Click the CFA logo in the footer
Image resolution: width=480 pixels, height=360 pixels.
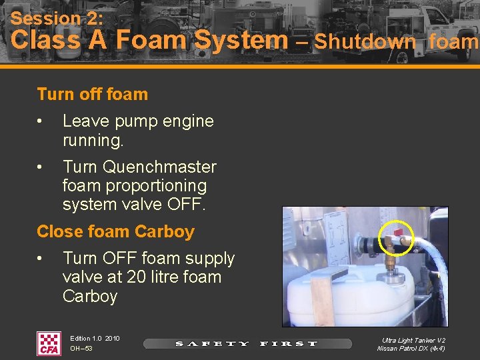tap(49, 343)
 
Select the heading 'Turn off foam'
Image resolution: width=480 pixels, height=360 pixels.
tap(93, 94)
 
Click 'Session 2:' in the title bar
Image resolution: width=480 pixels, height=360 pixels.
tap(57, 18)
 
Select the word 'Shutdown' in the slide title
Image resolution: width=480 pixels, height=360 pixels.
tap(365, 41)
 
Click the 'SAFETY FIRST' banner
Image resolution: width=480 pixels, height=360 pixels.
tap(247, 344)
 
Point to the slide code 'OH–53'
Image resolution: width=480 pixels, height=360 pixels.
tap(81, 349)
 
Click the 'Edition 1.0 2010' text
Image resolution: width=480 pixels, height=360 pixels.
tap(95, 339)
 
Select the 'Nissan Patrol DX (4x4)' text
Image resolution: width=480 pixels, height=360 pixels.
tap(411, 349)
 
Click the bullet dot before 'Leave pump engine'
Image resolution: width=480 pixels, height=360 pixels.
tap(41, 121)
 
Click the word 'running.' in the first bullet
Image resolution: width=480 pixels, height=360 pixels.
tap(93, 141)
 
